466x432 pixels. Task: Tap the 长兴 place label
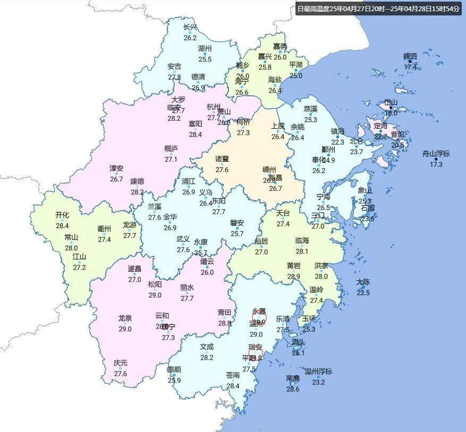tap(190, 28)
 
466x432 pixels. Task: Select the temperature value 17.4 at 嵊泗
tap(410, 67)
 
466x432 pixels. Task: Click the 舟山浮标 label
tap(436, 154)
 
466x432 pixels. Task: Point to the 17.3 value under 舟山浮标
tap(436, 164)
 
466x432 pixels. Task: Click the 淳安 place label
tap(116, 169)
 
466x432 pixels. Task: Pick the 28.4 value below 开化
tap(62, 226)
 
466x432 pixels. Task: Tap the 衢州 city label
tap(104, 229)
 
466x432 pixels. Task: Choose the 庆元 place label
tap(121, 363)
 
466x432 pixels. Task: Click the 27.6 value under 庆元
tap(121, 373)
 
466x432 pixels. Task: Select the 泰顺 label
tap(174, 370)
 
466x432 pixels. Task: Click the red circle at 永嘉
tap(259, 319)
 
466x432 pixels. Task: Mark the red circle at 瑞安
tap(256, 353)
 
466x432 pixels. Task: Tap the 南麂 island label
tap(293, 378)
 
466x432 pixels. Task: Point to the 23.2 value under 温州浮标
tap(318, 382)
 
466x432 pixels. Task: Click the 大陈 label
tap(363, 282)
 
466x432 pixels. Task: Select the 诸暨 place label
tap(222, 159)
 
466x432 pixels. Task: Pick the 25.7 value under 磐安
tap(237, 234)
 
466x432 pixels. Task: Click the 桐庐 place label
tap(171, 148)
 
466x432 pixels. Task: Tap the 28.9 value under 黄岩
tap(293, 277)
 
